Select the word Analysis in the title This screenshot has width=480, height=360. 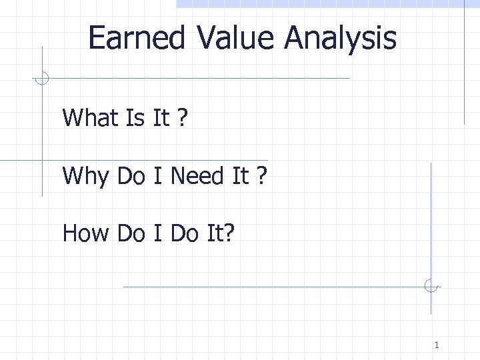click(340, 39)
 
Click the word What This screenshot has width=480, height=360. click(90, 118)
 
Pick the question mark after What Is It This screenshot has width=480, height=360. click(182, 118)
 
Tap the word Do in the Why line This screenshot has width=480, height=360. click(131, 176)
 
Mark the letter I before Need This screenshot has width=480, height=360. click(158, 176)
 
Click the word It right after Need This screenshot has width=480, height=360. click(240, 176)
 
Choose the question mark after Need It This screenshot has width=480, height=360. click(261, 176)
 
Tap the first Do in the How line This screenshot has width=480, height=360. click(131, 234)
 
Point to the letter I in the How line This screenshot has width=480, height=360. click(158, 234)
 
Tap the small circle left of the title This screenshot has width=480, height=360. click(42, 79)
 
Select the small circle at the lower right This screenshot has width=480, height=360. click(431, 287)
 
